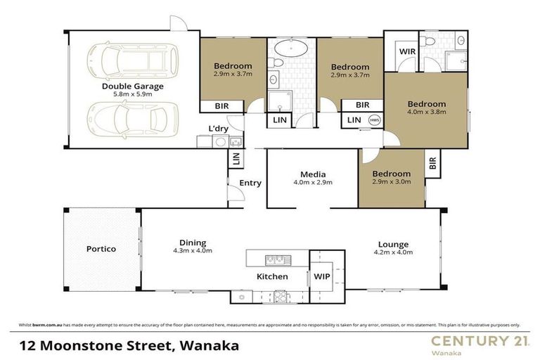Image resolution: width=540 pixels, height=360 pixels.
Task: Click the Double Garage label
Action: click(x=132, y=86)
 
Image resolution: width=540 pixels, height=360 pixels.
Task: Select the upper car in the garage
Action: click(x=131, y=59)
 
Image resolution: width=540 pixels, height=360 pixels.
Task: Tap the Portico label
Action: click(x=101, y=249)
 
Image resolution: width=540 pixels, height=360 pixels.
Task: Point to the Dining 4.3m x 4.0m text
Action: click(x=192, y=245)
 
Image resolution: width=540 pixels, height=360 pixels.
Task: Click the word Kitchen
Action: click(x=271, y=276)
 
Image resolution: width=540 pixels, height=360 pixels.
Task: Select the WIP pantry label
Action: click(x=322, y=277)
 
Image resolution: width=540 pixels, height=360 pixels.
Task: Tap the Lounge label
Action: click(x=392, y=245)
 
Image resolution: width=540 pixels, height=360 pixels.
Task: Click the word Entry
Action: click(x=250, y=183)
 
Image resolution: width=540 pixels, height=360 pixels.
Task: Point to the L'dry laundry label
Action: click(x=218, y=128)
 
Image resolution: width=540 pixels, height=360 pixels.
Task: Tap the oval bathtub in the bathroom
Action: click(x=290, y=49)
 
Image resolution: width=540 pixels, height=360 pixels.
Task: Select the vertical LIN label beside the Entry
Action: click(x=233, y=160)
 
